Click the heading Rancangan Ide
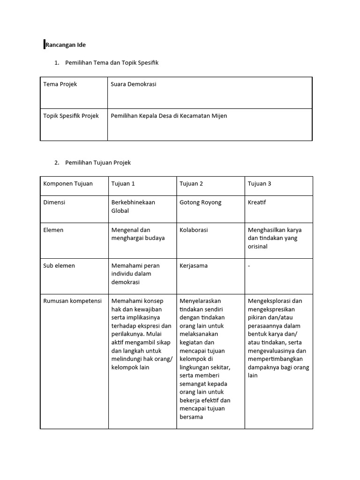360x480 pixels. click(66, 45)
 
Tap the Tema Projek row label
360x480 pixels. click(60, 84)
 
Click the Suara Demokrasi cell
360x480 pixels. click(134, 84)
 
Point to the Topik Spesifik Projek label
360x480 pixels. click(71, 116)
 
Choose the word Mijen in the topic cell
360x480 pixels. click(219, 116)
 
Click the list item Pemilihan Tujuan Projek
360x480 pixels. click(98, 163)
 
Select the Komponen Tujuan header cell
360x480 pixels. click(68, 184)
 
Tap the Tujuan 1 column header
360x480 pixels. click(123, 184)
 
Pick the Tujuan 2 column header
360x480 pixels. click(191, 184)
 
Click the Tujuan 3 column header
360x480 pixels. click(259, 184)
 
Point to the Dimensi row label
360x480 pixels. click(54, 202)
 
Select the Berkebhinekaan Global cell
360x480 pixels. click(133, 207)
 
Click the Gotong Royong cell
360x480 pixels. click(201, 202)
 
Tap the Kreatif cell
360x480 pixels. click(257, 202)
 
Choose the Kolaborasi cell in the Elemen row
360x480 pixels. click(194, 230)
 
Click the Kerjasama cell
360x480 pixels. click(194, 266)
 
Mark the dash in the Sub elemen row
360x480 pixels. click(249, 266)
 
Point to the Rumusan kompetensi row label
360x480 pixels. click(72, 301)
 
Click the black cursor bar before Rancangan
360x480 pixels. click(44, 45)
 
